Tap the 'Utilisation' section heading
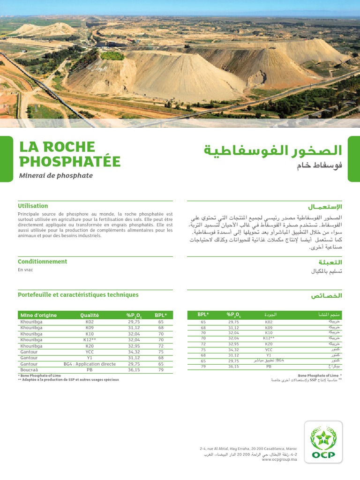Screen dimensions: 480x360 click(33, 206)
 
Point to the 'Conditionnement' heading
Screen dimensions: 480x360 click(42, 262)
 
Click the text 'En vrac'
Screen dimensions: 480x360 click(25, 270)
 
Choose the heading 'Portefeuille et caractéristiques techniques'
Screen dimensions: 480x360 click(78, 295)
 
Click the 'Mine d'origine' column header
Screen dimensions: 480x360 click(38, 315)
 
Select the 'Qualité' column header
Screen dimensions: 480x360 click(90, 315)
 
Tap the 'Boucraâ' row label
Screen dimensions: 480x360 click(29, 370)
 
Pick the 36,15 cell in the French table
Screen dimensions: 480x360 click(134, 370)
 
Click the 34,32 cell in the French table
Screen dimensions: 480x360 click(134, 351)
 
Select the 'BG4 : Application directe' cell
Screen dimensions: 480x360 click(90, 364)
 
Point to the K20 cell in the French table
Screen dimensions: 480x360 click(90, 345)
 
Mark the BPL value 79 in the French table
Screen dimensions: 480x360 click(161, 370)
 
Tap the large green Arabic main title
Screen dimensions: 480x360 click(273, 151)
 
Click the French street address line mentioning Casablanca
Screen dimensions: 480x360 click(248, 449)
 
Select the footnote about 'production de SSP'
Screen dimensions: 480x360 click(68, 380)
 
